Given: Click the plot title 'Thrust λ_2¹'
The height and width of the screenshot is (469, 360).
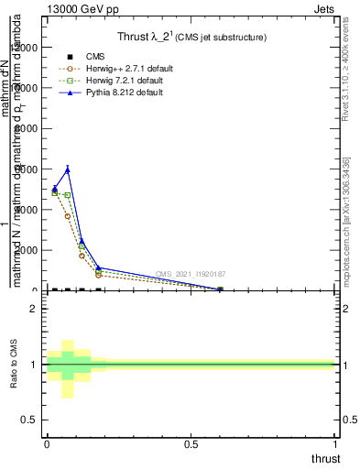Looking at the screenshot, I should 191,38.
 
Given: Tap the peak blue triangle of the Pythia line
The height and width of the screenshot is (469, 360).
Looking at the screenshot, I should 68,169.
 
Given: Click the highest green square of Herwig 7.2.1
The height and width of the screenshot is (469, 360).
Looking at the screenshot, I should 54,193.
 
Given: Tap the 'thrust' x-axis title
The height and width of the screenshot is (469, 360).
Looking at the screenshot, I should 325,458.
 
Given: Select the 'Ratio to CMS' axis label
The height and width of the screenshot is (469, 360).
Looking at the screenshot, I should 14,365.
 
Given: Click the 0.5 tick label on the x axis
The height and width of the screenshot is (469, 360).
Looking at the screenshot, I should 191,445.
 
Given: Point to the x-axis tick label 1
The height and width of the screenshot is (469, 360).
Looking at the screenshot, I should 336,445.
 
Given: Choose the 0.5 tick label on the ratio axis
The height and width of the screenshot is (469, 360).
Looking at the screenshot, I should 28,420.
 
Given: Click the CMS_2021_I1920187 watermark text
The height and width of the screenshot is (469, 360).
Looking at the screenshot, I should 191,274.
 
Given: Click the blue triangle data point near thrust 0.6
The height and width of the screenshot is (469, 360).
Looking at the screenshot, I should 220,289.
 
